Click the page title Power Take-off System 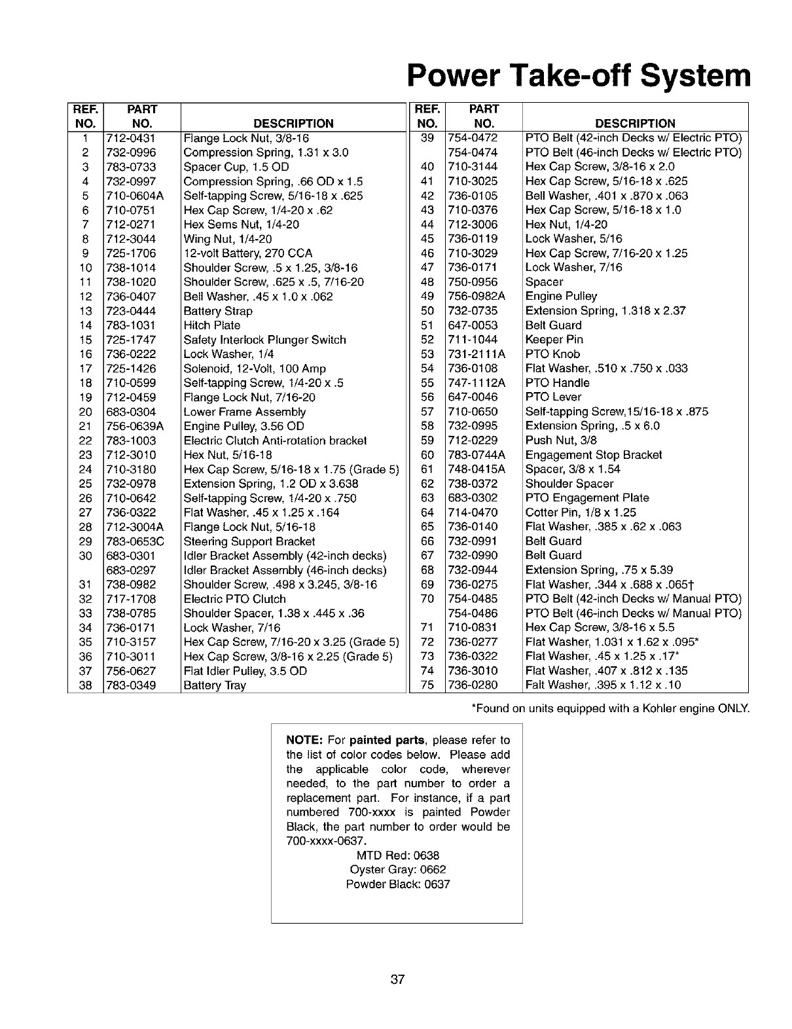point(578,76)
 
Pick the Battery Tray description point(215,685)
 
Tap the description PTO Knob point(552,354)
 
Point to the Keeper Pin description point(554,340)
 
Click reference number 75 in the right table point(427,685)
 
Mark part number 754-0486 point(473,613)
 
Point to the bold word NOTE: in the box point(304,740)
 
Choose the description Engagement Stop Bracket point(594,455)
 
